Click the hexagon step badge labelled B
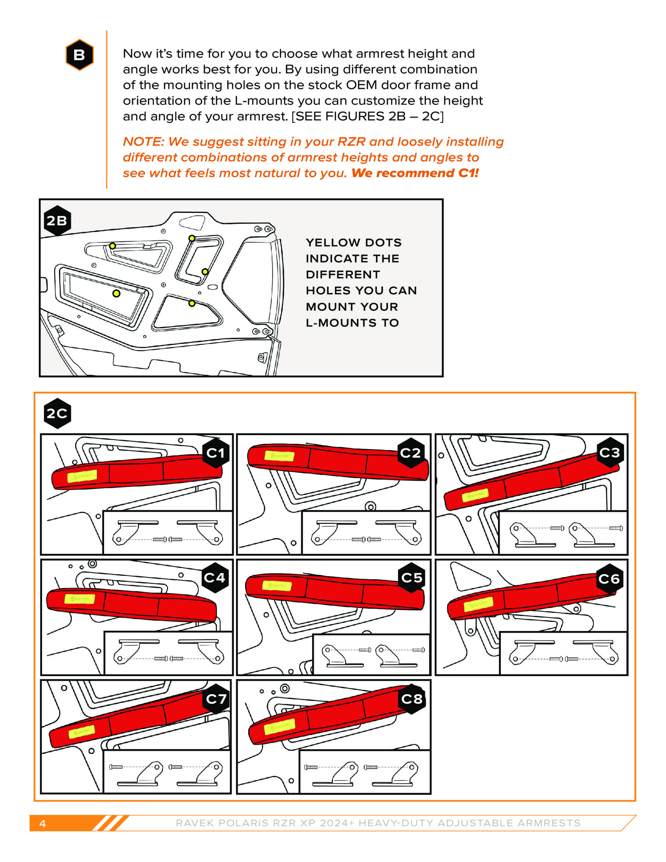point(79,55)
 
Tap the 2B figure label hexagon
point(57,221)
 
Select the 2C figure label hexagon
point(57,413)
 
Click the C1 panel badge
point(215,453)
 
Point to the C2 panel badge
point(410,453)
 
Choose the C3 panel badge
point(610,452)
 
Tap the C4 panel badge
point(215,577)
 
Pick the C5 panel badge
point(412,577)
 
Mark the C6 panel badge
point(609,578)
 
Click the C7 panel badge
point(216,699)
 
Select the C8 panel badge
point(412,699)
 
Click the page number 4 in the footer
point(43,823)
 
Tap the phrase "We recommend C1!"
point(415,173)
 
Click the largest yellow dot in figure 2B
point(116,293)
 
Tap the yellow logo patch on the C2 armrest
point(279,456)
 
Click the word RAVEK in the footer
point(195,823)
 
